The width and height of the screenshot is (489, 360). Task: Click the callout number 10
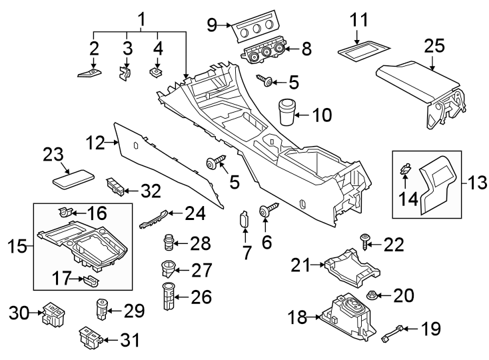click(321, 115)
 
